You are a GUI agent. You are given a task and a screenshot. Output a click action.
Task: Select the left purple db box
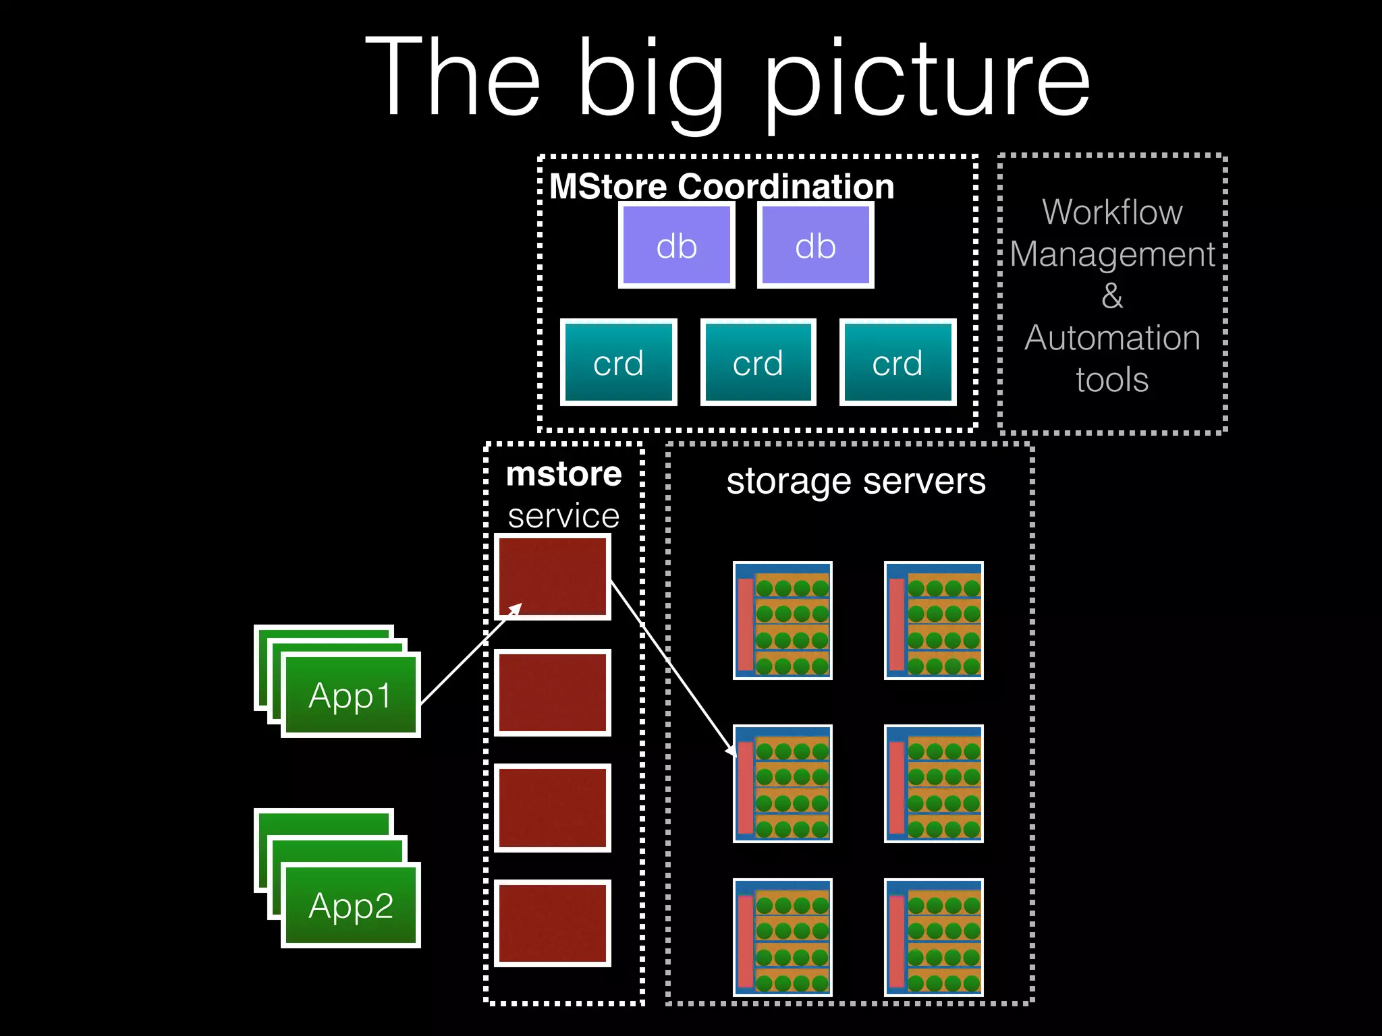(x=676, y=246)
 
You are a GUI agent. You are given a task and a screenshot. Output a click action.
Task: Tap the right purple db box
(x=815, y=246)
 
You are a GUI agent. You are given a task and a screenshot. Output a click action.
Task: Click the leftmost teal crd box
(x=618, y=363)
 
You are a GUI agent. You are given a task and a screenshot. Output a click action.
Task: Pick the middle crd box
(x=758, y=363)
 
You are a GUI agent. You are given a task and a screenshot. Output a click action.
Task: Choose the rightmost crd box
(x=897, y=363)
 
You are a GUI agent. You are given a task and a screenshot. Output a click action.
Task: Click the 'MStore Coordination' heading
(x=721, y=186)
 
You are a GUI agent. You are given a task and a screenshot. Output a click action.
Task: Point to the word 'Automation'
(x=1112, y=337)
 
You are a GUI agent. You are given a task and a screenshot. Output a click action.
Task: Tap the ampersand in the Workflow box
(x=1112, y=295)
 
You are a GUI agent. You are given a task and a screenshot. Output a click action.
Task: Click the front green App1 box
(x=350, y=695)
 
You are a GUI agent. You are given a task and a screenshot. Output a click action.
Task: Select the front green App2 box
(x=350, y=905)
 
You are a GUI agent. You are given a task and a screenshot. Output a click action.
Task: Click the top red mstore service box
(x=553, y=577)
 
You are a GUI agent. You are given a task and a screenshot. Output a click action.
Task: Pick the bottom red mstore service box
(x=553, y=923)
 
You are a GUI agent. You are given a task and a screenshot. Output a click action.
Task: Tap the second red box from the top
(x=553, y=693)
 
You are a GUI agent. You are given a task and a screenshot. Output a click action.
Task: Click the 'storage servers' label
(x=856, y=482)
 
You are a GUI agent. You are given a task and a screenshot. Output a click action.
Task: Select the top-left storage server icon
(x=782, y=621)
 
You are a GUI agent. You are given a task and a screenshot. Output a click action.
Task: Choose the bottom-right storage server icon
(x=933, y=937)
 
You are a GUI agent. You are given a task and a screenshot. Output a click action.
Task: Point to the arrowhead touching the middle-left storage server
(x=731, y=751)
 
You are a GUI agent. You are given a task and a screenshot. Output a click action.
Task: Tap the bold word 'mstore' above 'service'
(x=563, y=473)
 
